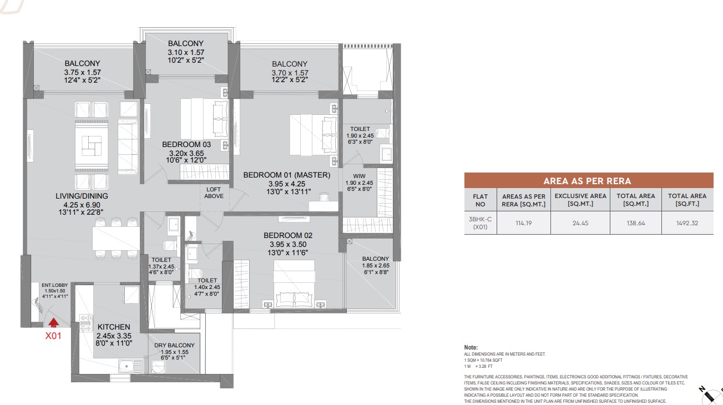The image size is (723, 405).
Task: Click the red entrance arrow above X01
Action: point(54,322)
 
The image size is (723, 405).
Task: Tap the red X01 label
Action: point(53,336)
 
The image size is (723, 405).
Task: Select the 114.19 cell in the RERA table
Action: point(523,223)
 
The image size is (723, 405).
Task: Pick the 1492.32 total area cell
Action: point(687,223)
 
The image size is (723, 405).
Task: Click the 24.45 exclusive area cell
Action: point(580,223)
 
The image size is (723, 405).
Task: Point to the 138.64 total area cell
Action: point(636,223)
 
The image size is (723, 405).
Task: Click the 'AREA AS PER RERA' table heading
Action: point(587,181)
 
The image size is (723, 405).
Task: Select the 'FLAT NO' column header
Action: point(481,200)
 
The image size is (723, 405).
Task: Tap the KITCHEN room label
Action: point(114,327)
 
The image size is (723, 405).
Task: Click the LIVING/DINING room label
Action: point(82,196)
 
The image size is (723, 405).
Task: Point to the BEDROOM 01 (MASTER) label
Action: point(287,175)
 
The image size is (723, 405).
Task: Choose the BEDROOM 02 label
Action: point(288,235)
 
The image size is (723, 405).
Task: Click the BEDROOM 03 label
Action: point(186,144)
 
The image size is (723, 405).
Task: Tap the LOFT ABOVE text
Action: point(214,193)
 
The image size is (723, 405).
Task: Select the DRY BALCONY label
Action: point(174,345)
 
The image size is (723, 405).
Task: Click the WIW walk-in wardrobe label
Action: point(359,176)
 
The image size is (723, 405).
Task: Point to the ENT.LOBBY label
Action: point(55,285)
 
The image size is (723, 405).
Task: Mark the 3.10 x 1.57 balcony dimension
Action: point(185,52)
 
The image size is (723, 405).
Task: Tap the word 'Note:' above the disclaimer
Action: point(471,347)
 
